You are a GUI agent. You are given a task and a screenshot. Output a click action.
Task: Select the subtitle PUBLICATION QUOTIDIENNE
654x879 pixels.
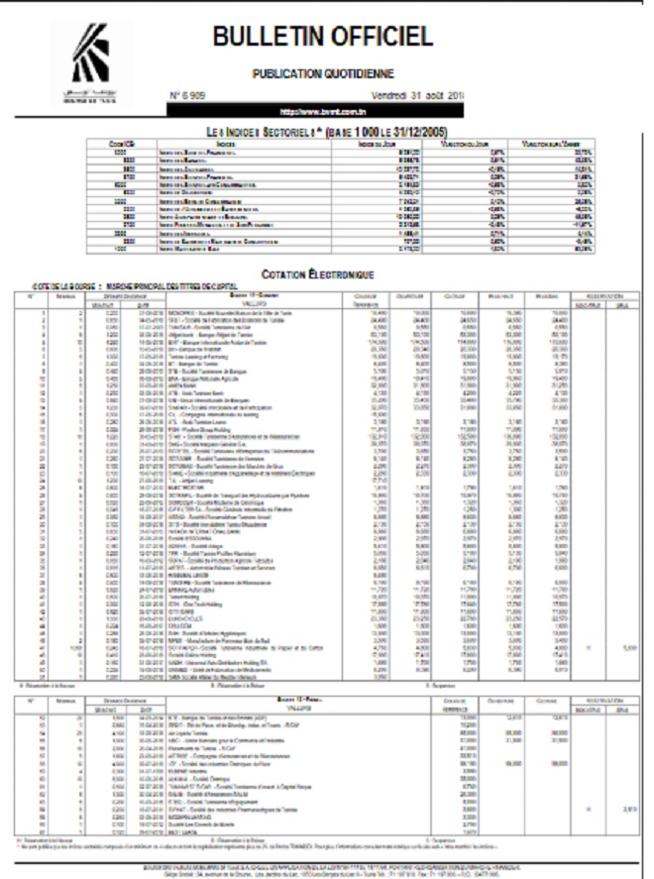pos(324,73)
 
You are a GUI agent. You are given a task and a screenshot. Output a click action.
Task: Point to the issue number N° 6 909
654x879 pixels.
pos(190,95)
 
